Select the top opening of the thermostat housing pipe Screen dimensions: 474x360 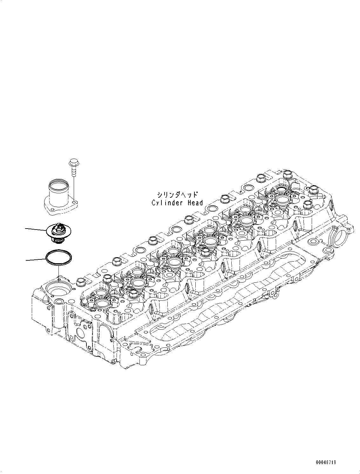[58, 184]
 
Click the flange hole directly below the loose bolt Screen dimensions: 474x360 [74, 201]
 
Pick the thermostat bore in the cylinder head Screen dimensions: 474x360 [57, 290]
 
